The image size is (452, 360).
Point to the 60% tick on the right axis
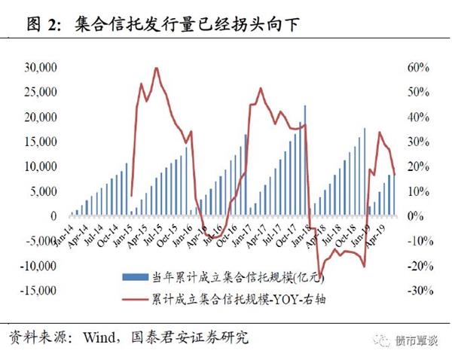click(418, 68)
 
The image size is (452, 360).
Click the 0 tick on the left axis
click(53, 216)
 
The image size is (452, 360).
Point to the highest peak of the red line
click(156, 68)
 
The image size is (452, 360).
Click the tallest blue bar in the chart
click(305, 105)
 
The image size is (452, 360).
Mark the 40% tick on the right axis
click(418, 117)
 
